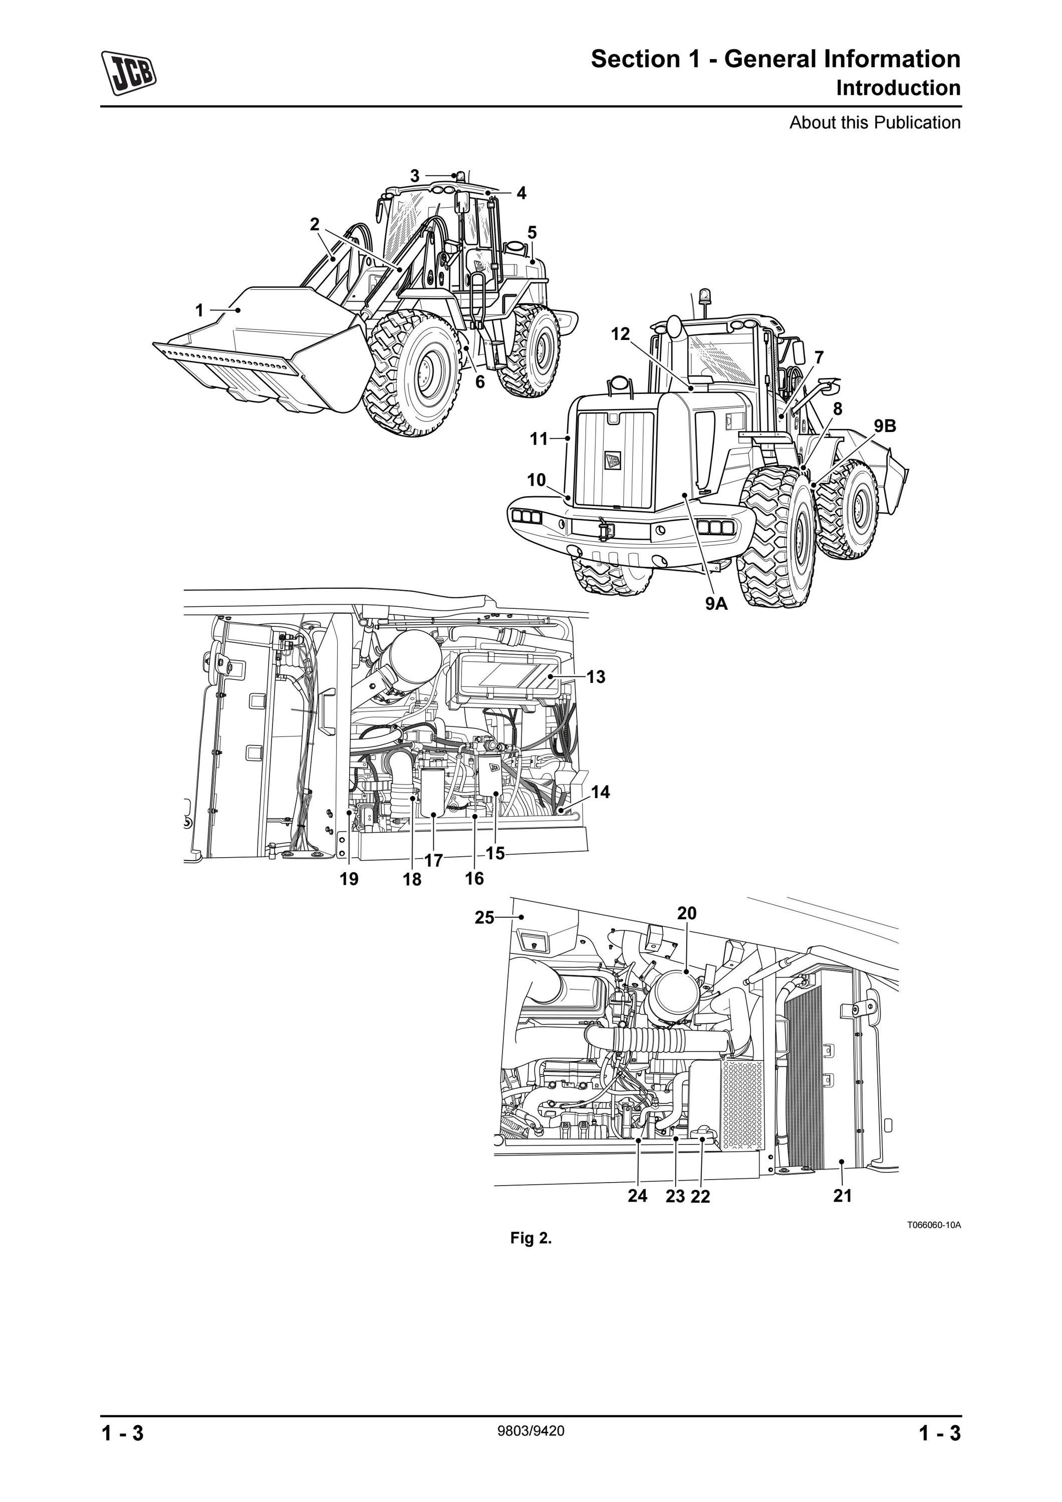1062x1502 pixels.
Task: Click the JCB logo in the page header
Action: pos(129,73)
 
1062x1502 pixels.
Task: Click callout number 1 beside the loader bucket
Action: pos(199,310)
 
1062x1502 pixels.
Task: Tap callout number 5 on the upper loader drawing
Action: pos(532,232)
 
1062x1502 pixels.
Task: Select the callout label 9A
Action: pos(716,603)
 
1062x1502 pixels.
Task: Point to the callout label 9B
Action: pos(885,426)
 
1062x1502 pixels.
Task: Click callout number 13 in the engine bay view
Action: pos(596,677)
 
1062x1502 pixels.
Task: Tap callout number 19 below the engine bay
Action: pos(349,879)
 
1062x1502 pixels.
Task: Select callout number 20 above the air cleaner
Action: pos(686,913)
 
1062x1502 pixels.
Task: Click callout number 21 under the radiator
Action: pos(843,1196)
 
